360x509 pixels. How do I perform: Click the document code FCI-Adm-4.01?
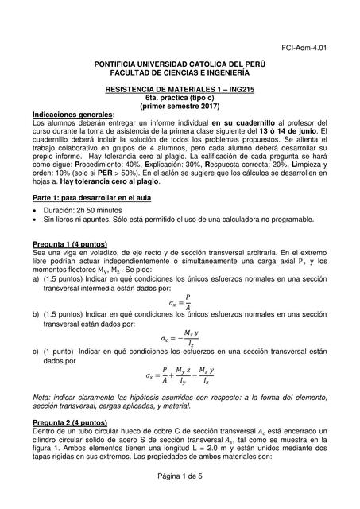(x=304, y=48)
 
